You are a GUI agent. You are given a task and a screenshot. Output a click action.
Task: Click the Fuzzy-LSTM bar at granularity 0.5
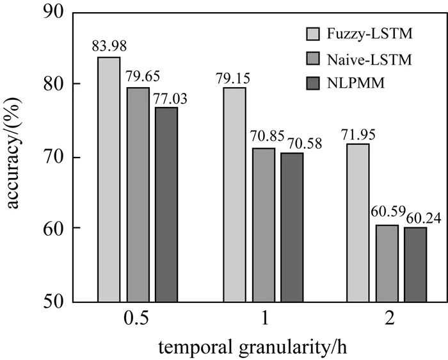point(109,179)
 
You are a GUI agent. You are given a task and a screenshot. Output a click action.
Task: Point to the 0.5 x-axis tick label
point(137,320)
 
